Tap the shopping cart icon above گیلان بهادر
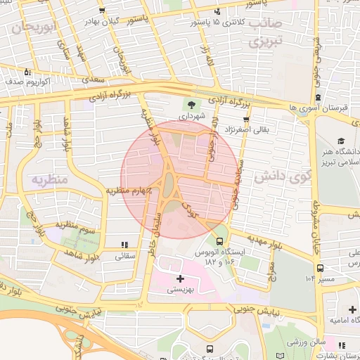pos(103,11)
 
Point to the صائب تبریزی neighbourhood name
pos(264,32)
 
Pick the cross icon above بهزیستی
pos(181,278)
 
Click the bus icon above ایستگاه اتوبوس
pos(220,240)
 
